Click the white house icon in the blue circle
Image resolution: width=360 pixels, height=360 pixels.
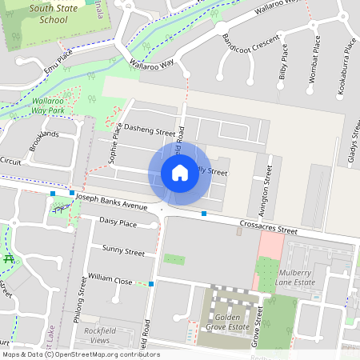pyautogui.click(x=180, y=173)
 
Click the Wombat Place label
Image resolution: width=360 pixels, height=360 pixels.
pyautogui.click(x=317, y=54)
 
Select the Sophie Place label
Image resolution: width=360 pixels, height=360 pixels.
pyautogui.click(x=116, y=143)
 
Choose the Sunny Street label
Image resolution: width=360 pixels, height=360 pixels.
pyautogui.click(x=123, y=251)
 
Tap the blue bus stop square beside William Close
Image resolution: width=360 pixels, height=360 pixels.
pyautogui.click(x=151, y=283)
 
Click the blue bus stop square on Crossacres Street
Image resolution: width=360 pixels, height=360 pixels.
pyautogui.click(x=205, y=214)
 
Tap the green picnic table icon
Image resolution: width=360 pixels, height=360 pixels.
pyautogui.click(x=9, y=259)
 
